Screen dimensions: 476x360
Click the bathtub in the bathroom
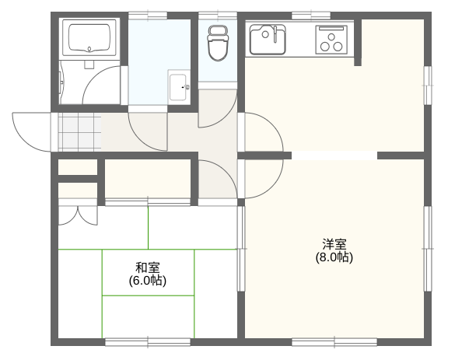[x=89, y=38]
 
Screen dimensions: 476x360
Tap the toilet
[x=217, y=43]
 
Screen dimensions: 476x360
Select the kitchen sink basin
[x=268, y=40]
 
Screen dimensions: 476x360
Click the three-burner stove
[x=331, y=40]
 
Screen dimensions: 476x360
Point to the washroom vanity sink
[x=179, y=87]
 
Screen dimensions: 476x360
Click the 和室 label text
[x=148, y=267]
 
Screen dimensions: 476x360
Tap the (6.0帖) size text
[x=148, y=281]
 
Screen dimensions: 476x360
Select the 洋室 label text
[x=334, y=243]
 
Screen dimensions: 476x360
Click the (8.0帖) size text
[x=334, y=257]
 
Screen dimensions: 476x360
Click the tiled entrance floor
[x=79, y=132]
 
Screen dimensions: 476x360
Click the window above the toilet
[x=218, y=16]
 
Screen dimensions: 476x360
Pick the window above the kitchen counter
[x=311, y=16]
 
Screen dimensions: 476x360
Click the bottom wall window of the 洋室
[x=334, y=342]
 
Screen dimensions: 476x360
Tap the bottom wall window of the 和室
[x=148, y=342]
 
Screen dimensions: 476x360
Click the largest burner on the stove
[x=325, y=47]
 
